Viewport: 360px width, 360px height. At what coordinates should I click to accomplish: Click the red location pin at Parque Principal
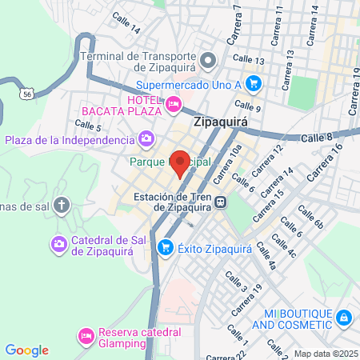point(180,163)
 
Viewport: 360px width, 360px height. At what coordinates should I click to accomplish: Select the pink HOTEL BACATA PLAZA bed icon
point(173,103)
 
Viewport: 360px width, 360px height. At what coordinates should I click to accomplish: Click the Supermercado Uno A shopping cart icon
point(254,82)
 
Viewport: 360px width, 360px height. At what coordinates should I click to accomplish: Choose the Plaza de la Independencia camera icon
point(146,141)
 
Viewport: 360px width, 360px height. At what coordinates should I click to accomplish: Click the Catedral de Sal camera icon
point(58,242)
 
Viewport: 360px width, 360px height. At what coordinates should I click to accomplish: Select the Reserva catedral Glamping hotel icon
point(86,333)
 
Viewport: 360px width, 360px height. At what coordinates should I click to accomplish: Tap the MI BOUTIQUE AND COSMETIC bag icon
point(343,318)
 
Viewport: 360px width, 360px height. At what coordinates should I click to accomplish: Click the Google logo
point(26,350)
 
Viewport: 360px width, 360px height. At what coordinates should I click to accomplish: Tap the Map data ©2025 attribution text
point(326,354)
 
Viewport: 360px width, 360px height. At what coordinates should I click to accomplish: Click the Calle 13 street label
point(249,61)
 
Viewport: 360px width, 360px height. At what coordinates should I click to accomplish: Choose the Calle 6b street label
point(310,216)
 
